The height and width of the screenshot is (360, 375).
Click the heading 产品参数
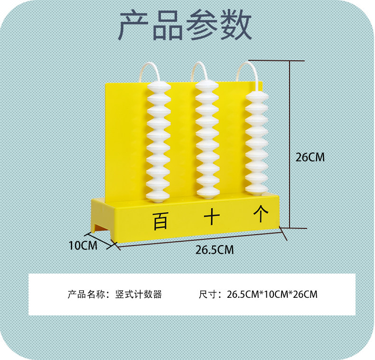point(185,26)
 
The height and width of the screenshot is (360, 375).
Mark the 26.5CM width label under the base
point(215,250)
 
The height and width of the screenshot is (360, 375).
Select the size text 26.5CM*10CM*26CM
point(272,294)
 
